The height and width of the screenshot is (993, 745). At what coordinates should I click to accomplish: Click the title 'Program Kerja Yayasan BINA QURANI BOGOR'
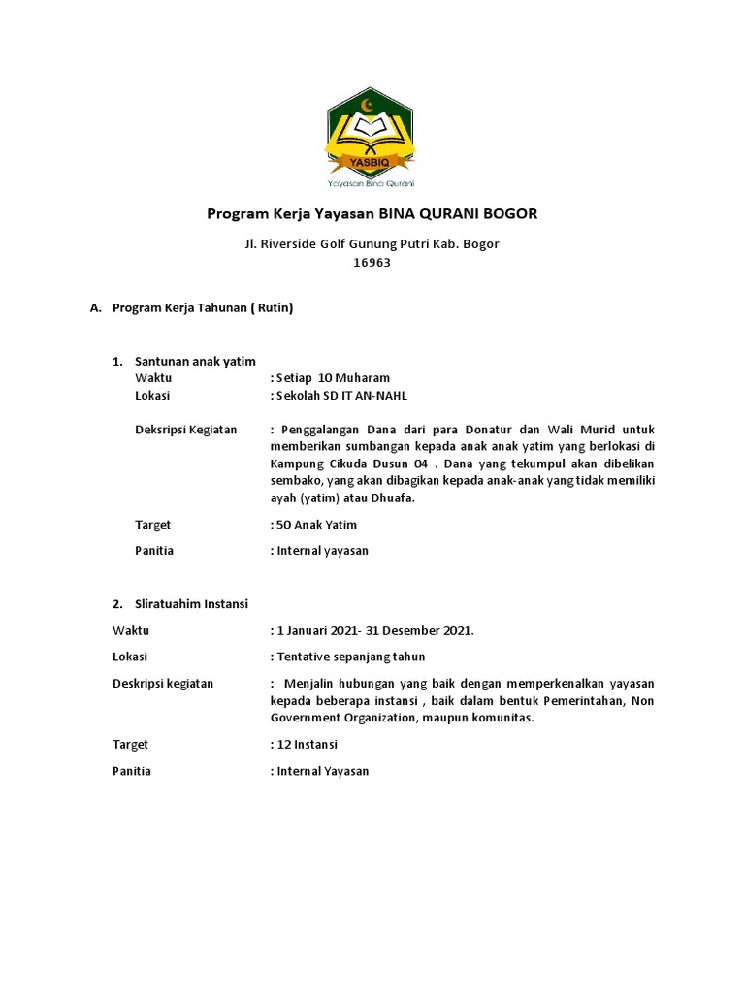[x=372, y=213]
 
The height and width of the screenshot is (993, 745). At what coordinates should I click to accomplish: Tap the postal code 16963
[x=372, y=262]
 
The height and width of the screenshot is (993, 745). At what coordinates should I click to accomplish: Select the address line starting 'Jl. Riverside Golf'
[x=372, y=243]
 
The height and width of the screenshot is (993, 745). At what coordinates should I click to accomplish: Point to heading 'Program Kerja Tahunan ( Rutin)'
[x=203, y=308]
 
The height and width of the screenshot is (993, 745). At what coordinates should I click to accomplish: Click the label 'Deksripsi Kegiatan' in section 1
[x=185, y=430]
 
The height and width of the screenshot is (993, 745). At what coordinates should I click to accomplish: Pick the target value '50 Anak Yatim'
[x=316, y=525]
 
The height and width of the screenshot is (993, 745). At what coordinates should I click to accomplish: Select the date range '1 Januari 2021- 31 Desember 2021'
[x=373, y=630]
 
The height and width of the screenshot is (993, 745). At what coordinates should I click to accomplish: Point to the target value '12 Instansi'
[x=308, y=745]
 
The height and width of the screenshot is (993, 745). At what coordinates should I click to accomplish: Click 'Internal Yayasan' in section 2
[x=322, y=771]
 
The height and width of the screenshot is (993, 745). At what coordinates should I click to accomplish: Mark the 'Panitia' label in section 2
[x=132, y=771]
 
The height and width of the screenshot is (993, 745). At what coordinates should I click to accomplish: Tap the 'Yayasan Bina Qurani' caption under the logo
[x=372, y=182]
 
